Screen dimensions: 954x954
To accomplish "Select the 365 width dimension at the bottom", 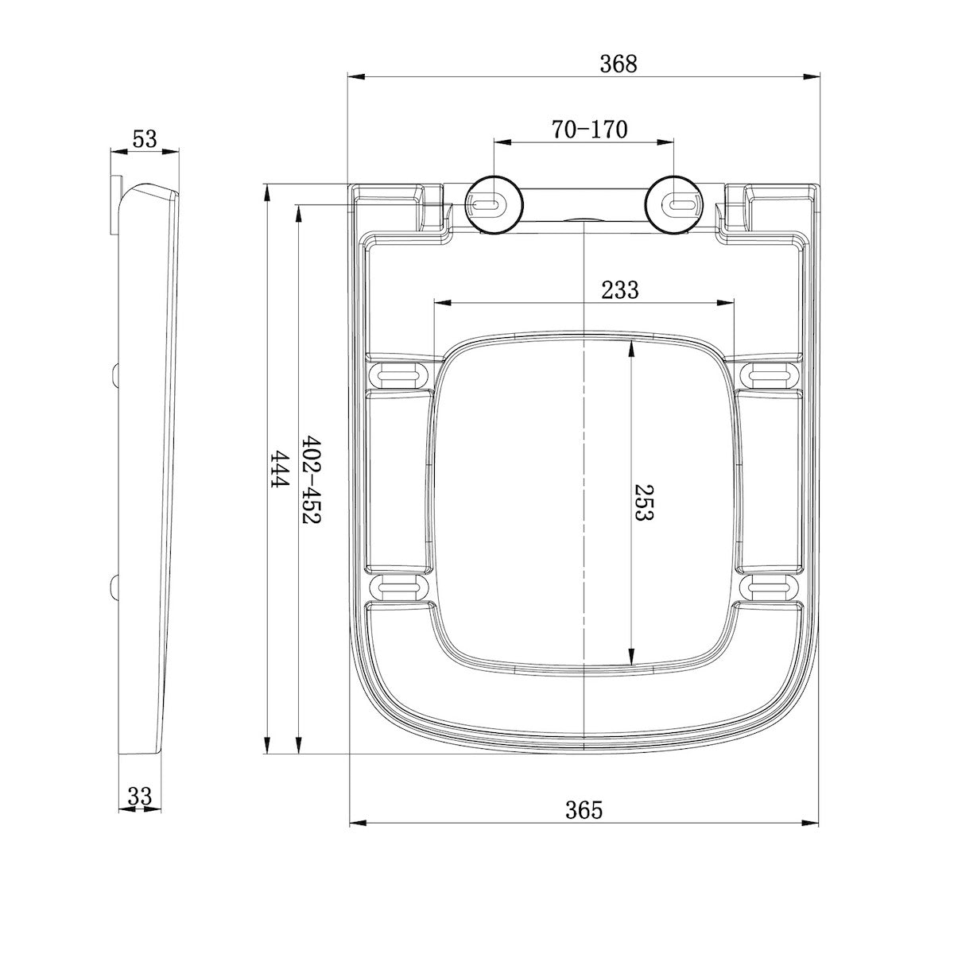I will coord(584,810).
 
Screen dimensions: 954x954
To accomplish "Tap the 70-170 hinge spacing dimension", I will coord(589,130).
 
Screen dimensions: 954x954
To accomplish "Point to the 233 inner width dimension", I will coord(619,290).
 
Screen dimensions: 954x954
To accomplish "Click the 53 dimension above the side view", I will coord(144,139).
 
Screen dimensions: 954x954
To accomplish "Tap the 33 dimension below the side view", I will coord(139,795).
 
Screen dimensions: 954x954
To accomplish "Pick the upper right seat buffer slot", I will coord(769,374).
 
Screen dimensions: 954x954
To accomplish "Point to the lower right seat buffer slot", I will coord(769,588).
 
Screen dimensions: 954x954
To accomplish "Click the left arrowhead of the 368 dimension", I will coord(355,77).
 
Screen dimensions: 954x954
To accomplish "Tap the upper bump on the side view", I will coord(115,374).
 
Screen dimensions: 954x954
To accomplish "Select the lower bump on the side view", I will coord(115,587).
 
